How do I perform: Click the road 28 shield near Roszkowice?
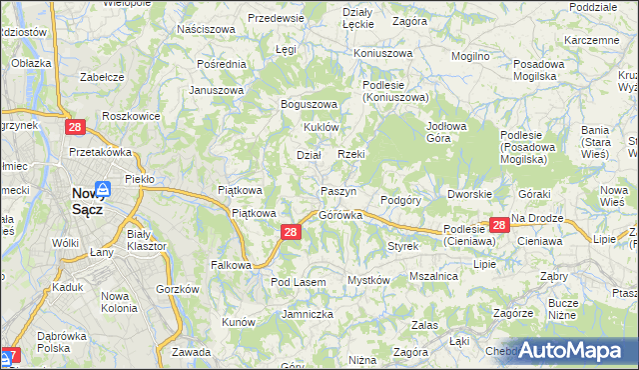click(x=75, y=128)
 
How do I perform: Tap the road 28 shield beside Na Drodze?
click(x=499, y=227)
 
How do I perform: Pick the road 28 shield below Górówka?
click(x=290, y=232)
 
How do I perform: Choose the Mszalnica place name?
click(x=433, y=276)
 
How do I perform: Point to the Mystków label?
click(x=367, y=281)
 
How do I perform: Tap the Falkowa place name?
click(x=230, y=265)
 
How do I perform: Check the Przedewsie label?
click(x=276, y=19)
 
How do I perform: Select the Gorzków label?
click(x=179, y=289)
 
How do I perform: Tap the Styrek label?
click(x=402, y=246)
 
